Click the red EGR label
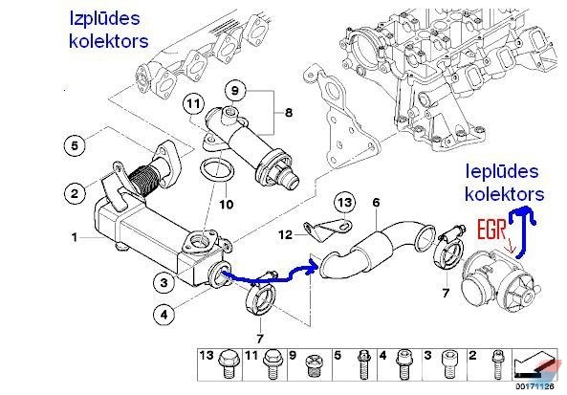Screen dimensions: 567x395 [491, 230]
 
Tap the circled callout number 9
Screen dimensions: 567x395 [235, 90]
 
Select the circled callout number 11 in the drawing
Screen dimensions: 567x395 [193, 104]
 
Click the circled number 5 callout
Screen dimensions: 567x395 [75, 145]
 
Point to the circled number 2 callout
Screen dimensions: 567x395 [75, 193]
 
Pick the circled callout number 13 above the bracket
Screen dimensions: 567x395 [344, 203]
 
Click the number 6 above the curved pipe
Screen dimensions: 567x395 [376, 203]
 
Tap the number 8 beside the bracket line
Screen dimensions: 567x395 [289, 113]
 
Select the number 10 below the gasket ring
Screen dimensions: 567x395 [227, 205]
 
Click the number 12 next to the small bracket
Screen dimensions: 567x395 [285, 235]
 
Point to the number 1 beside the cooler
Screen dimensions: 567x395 [75, 237]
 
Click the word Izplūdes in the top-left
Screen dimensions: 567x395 [104, 18]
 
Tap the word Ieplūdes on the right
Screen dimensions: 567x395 [502, 171]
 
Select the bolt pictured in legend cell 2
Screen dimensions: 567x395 [497, 363]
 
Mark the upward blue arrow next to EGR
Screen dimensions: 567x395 [521, 231]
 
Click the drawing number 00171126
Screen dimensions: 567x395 [534, 386]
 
